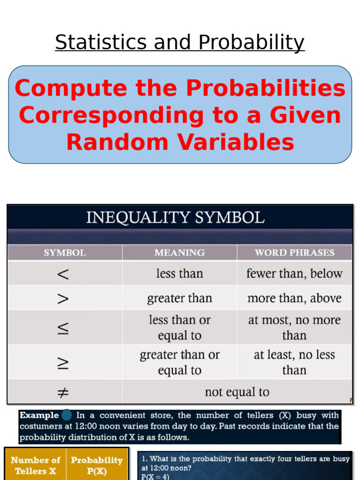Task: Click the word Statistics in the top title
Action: click(x=101, y=42)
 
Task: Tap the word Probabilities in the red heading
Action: click(x=266, y=88)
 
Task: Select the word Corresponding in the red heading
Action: click(x=112, y=116)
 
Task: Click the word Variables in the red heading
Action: click(x=235, y=142)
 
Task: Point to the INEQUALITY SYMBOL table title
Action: click(x=175, y=217)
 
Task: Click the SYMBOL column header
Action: click(x=65, y=253)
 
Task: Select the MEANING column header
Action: click(x=180, y=253)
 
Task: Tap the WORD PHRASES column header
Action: click(x=294, y=253)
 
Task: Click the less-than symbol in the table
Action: click(x=63, y=274)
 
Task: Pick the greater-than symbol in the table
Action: click(x=63, y=299)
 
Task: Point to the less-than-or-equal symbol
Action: click(x=63, y=328)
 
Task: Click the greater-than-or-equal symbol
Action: click(x=63, y=363)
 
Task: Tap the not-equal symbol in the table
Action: click(x=63, y=392)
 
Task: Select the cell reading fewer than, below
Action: click(x=294, y=273)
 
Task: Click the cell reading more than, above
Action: click(x=294, y=298)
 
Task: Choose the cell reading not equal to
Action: click(x=237, y=392)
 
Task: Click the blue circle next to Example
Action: click(x=67, y=415)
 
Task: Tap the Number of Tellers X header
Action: click(x=36, y=465)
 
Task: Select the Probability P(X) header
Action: click(x=97, y=465)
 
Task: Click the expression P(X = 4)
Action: click(x=155, y=477)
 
